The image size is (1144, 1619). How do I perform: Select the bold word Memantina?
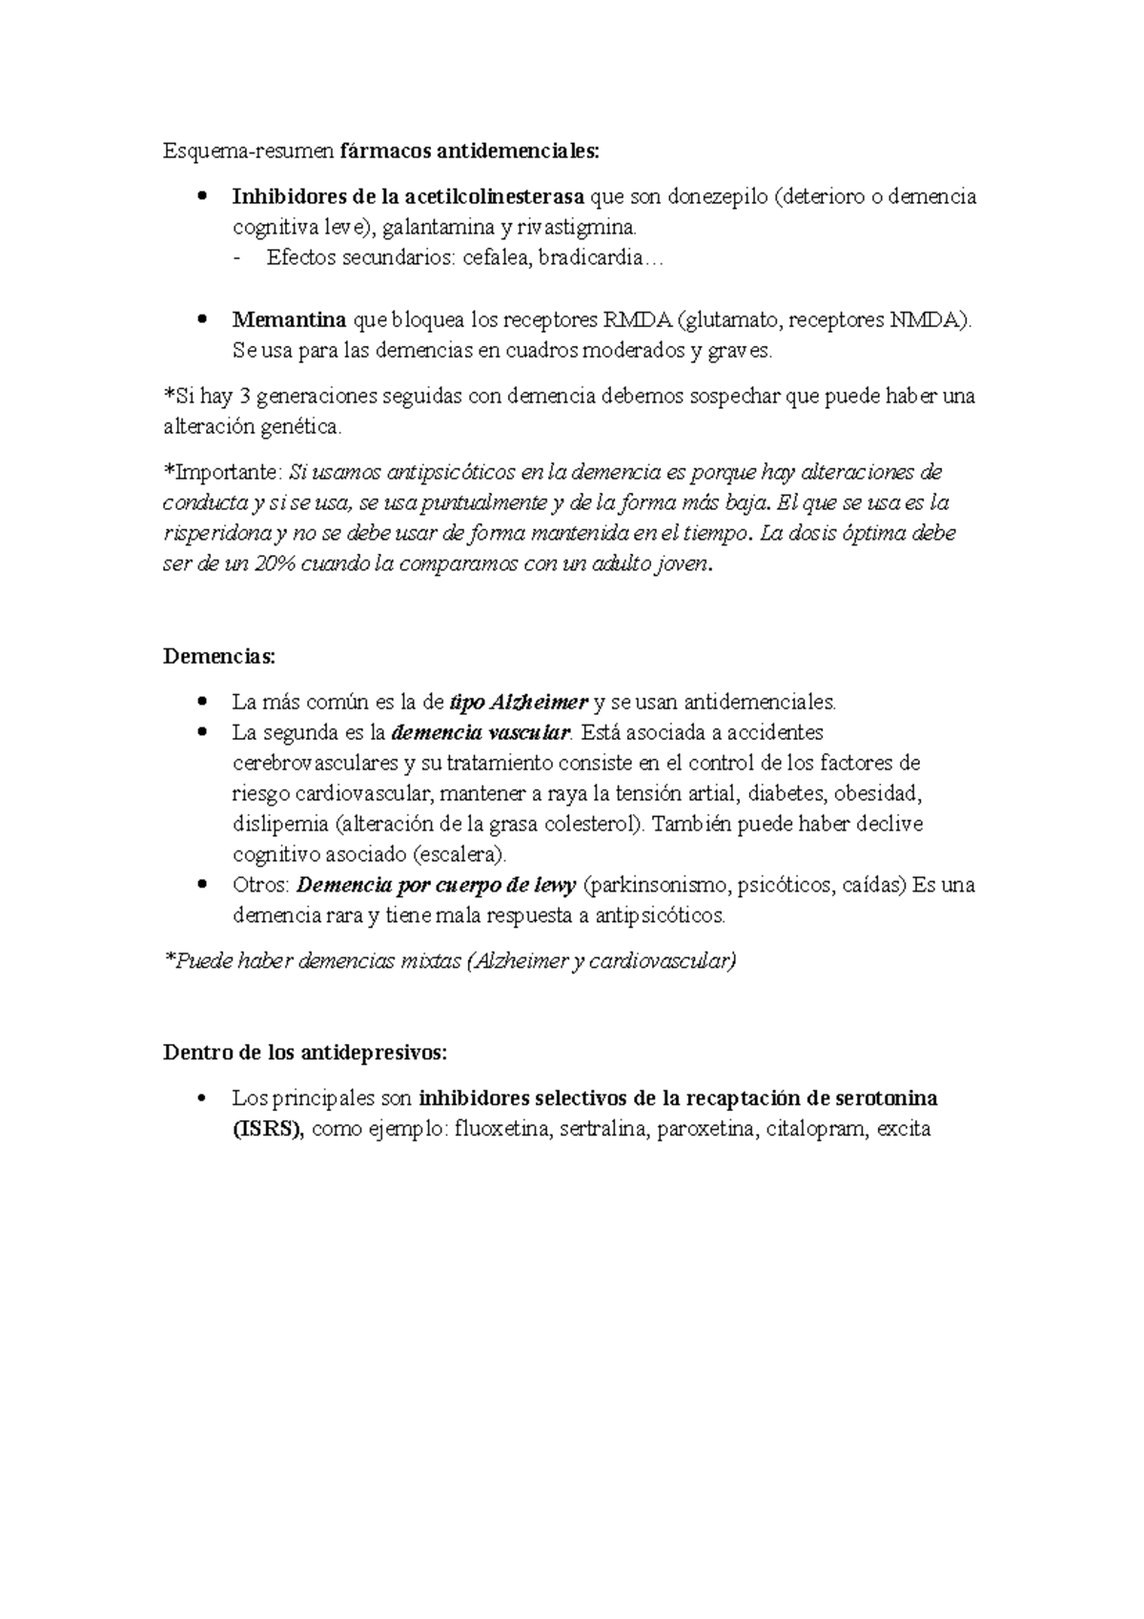coord(289,319)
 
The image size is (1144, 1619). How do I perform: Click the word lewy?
coord(555,885)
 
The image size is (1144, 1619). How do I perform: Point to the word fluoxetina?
coord(502,1130)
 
